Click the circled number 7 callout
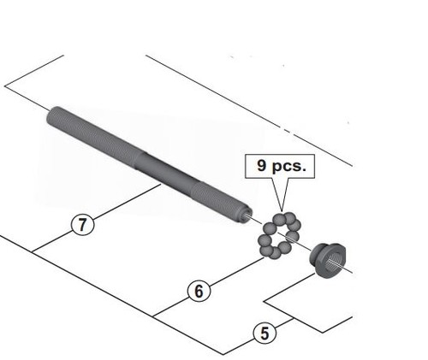point(82,224)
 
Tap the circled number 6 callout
point(199,291)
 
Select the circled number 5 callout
point(265,333)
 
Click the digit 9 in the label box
point(262,165)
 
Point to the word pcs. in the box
point(288,167)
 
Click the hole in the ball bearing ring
point(279,235)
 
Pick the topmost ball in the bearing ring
point(279,219)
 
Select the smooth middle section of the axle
point(164,168)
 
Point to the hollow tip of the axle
point(247,215)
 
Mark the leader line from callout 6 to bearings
point(236,271)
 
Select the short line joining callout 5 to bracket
point(285,323)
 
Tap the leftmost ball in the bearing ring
point(265,240)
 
